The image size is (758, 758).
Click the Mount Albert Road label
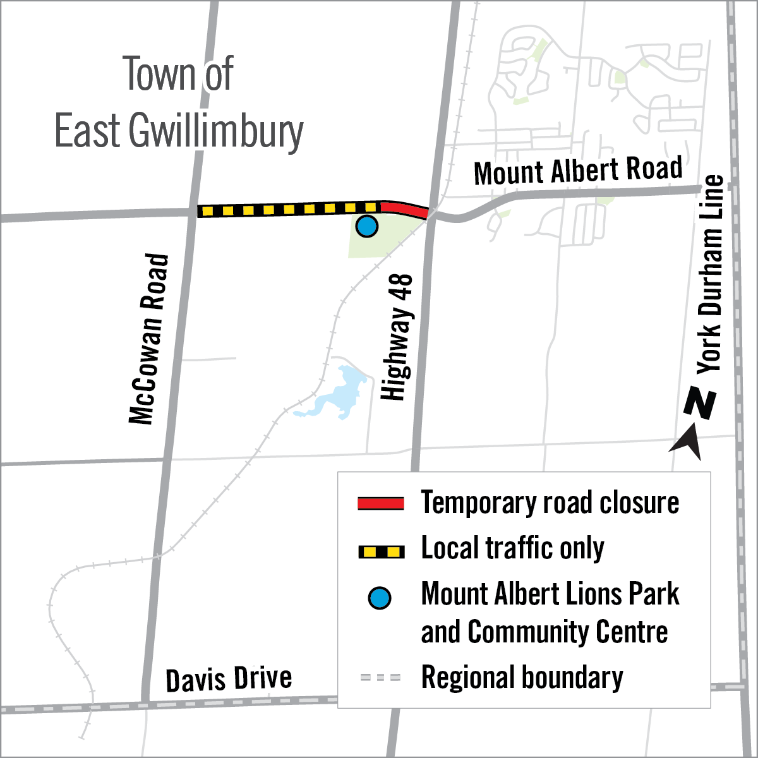[x=577, y=171]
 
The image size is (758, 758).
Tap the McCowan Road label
[x=150, y=339]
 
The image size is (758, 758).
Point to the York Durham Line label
[x=710, y=274]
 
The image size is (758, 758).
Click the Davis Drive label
[x=229, y=679]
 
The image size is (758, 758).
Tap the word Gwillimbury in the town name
[x=216, y=131]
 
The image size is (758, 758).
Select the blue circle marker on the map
[x=366, y=226]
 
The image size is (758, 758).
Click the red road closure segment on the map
[x=405, y=208]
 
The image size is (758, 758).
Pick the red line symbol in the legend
[x=381, y=503]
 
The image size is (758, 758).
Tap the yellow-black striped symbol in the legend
[x=381, y=552]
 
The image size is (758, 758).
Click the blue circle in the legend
[x=380, y=598]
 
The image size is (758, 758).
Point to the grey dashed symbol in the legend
[x=381, y=678]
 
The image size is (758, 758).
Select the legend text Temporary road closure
[x=550, y=503]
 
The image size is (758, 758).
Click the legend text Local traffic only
[x=512, y=548]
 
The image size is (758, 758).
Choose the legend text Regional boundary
[x=522, y=677]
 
